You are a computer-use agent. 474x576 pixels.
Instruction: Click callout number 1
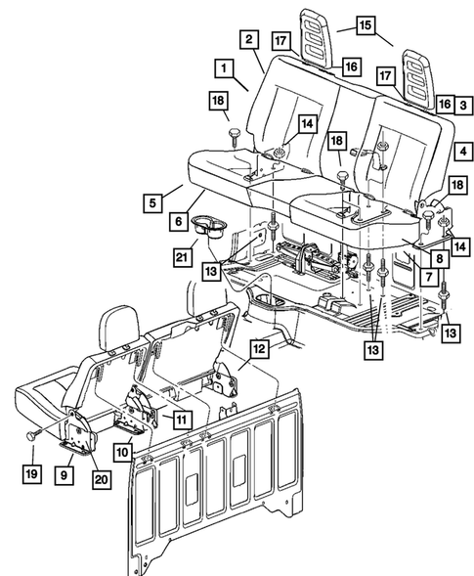click(225, 68)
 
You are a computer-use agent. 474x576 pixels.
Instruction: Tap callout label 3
click(458, 103)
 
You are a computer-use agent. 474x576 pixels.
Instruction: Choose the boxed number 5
click(151, 203)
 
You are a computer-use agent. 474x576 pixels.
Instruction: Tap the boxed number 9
click(65, 476)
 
